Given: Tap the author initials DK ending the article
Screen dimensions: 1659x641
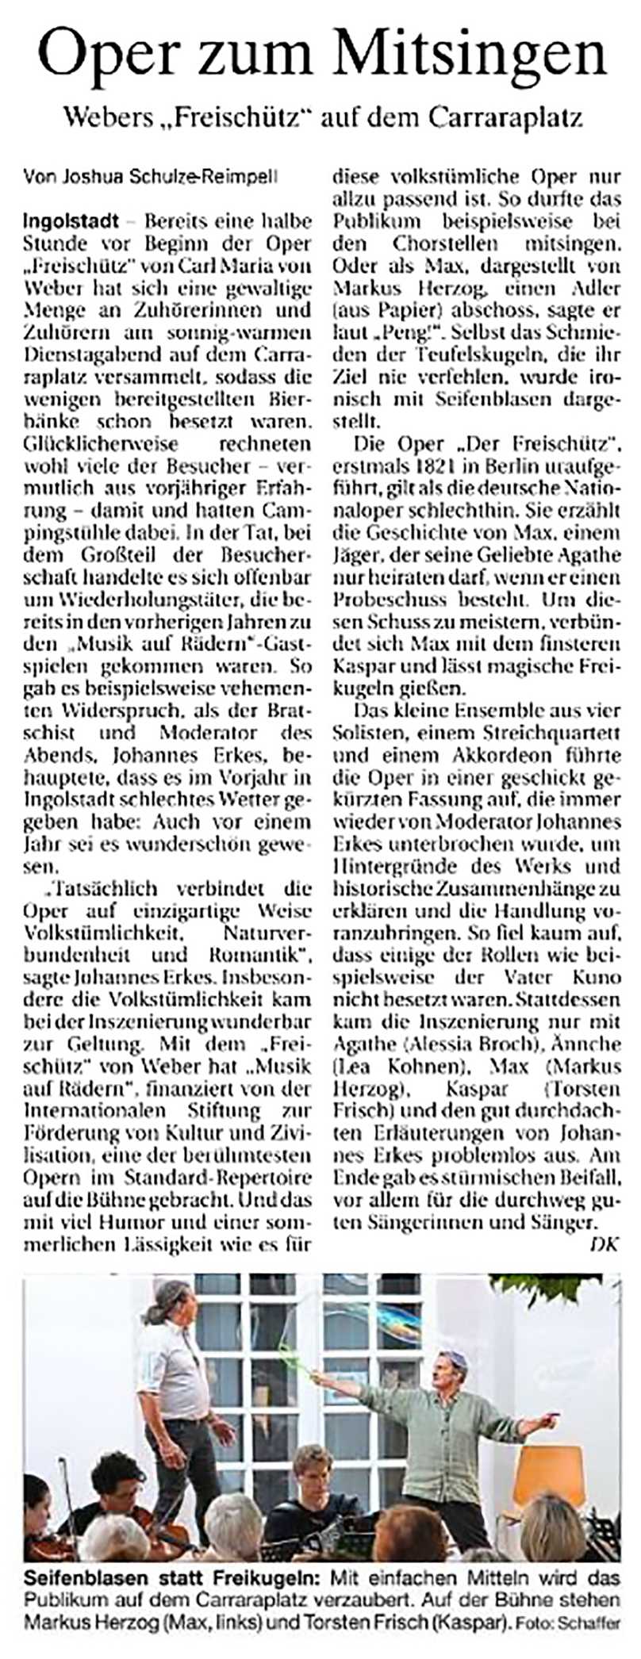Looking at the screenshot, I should click(x=606, y=1244).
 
